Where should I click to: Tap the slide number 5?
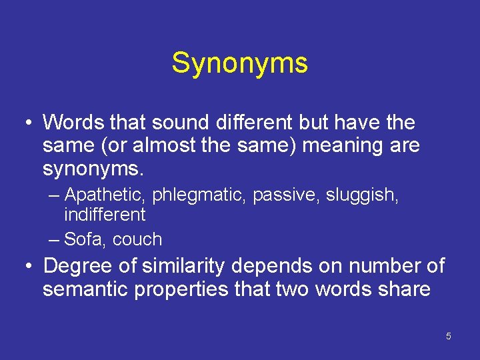[448, 336]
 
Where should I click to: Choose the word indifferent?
[104, 215]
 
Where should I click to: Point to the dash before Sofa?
[54, 239]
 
